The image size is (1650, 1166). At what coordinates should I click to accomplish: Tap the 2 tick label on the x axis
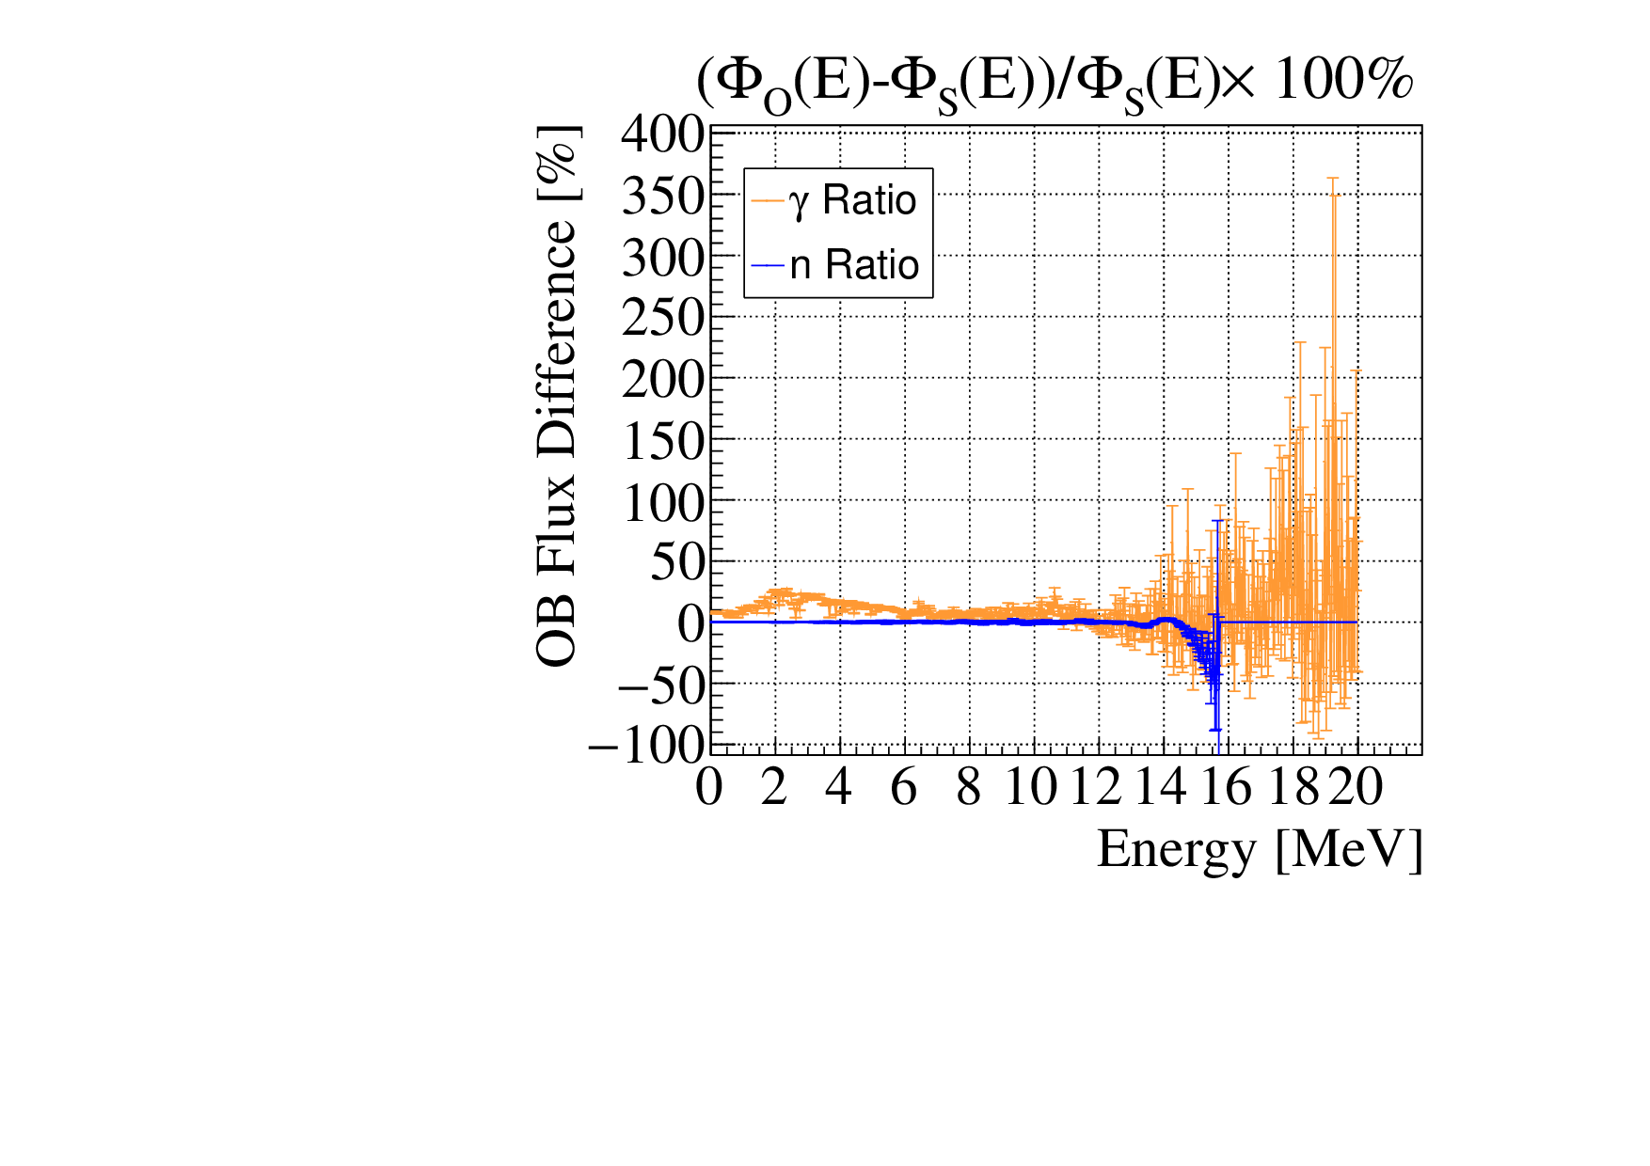pos(774,787)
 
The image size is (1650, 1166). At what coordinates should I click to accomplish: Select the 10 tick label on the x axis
pos(1031,787)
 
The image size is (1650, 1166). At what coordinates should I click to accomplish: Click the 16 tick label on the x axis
pos(1226,787)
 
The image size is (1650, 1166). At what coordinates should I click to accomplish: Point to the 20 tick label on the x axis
pos(1356,787)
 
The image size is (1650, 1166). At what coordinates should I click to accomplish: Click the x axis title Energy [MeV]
pos(1260,849)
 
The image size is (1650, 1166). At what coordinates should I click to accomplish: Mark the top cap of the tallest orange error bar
pos(1333,178)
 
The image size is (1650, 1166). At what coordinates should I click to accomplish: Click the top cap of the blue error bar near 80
pos(1217,520)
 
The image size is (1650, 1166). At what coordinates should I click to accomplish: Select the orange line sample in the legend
pos(768,200)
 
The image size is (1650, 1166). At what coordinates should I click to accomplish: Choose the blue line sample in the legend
pos(768,265)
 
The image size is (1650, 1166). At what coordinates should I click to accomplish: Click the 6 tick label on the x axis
pos(903,787)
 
